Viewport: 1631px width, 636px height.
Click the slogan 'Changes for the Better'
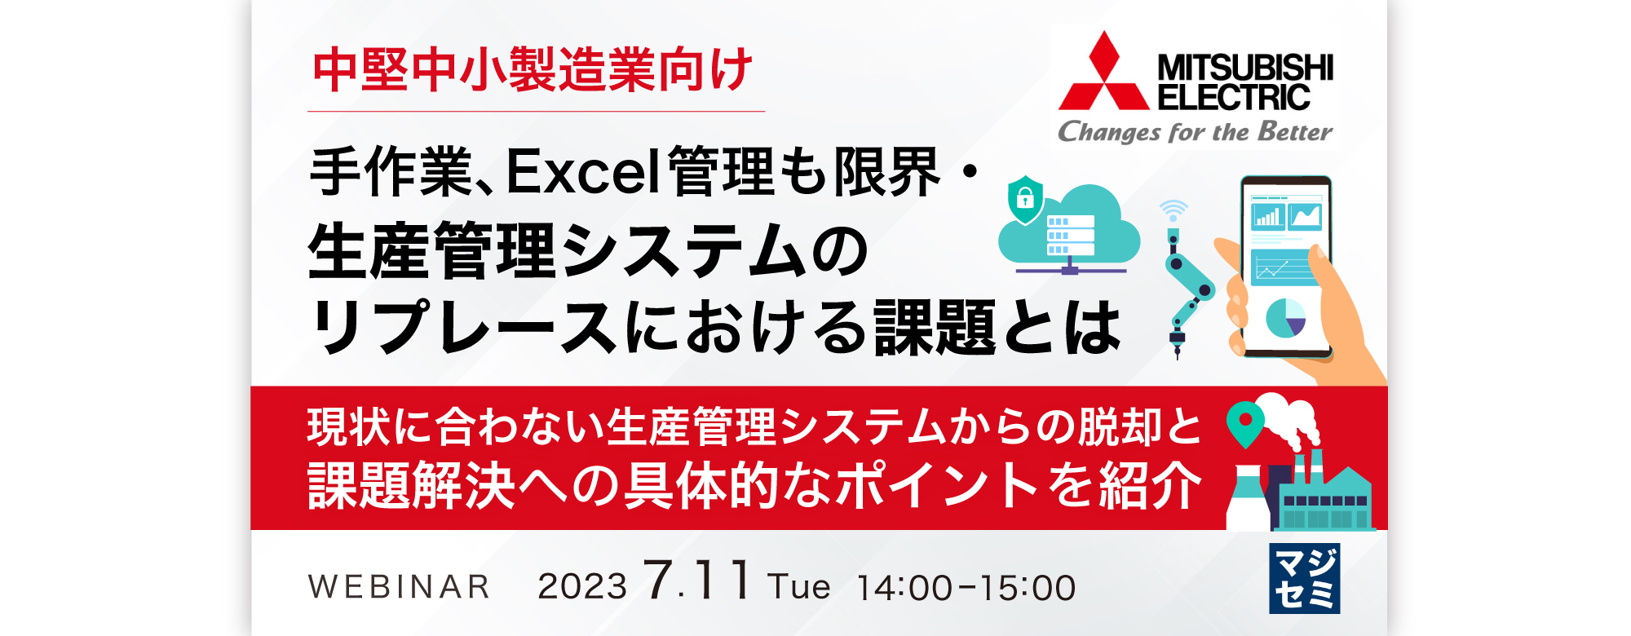click(1195, 131)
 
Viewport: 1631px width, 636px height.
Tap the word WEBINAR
click(400, 586)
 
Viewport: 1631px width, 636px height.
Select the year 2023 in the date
click(582, 586)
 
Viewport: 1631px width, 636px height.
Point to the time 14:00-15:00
click(966, 588)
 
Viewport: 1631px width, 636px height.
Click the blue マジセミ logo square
click(1304, 578)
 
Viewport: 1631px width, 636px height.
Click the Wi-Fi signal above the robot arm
click(1174, 210)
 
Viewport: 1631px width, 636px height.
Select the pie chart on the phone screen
click(1285, 318)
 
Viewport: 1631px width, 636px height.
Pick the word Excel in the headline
click(582, 172)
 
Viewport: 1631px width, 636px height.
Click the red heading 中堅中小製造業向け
click(533, 70)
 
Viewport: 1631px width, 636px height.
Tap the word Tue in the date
click(798, 587)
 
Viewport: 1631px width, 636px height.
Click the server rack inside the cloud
click(1070, 235)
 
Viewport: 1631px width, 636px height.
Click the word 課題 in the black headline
click(935, 328)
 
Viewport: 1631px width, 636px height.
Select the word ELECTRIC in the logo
click(1234, 97)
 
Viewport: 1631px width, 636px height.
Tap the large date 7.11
click(697, 580)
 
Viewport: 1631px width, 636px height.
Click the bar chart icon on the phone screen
click(1268, 216)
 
